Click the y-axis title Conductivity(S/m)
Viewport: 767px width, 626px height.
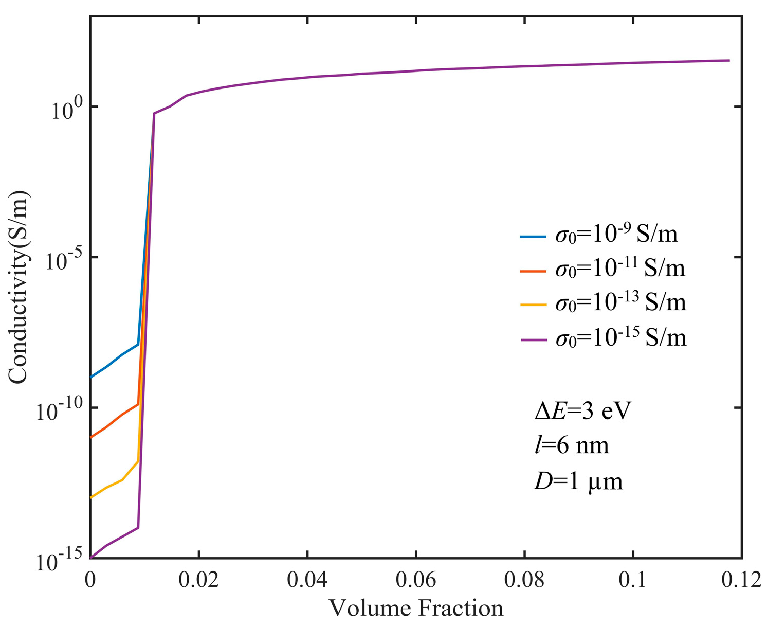19,288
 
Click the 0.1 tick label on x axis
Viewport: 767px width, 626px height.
633,580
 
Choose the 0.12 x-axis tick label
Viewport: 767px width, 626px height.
741,580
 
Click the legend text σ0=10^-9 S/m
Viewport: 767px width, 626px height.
616,235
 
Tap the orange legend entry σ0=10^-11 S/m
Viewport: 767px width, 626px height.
620,269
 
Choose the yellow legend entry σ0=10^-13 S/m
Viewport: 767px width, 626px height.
620,302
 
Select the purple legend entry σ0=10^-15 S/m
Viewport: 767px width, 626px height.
620,338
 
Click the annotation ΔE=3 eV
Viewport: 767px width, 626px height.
582,412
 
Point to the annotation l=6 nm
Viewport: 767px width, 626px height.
572,445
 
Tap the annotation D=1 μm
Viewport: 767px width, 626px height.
578,481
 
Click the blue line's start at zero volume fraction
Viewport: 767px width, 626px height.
91,377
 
